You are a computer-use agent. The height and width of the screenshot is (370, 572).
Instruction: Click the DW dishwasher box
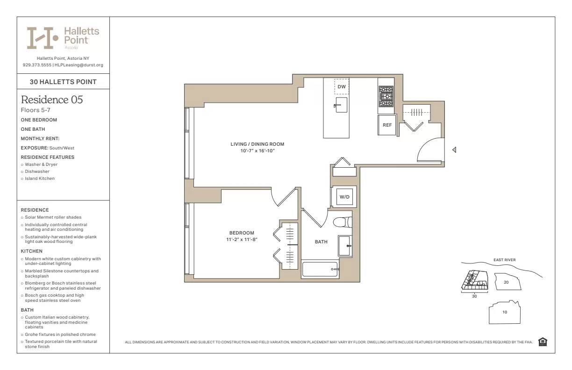342,87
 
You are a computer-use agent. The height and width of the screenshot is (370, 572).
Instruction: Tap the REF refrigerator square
387,125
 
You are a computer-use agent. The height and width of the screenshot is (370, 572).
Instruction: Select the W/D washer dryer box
344,197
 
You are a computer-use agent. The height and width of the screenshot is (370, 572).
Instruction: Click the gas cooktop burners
386,96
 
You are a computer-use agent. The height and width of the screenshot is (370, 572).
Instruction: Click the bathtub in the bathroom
320,270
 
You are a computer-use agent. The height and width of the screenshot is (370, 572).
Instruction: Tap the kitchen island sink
341,105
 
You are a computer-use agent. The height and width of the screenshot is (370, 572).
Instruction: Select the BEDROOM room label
242,233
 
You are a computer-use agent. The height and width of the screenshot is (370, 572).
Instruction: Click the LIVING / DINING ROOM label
257,144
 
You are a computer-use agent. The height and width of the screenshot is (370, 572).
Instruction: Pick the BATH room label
321,242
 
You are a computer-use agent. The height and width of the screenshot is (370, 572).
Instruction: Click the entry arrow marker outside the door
454,150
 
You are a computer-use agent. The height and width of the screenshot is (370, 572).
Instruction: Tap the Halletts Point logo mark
43,38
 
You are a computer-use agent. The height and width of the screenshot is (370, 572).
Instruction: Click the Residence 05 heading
52,100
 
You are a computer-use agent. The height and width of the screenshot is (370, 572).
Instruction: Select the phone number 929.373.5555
37,65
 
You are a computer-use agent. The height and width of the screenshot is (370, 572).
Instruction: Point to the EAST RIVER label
504,260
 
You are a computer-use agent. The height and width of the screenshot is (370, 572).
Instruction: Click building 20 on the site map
506,282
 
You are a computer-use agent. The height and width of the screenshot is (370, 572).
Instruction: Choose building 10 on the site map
504,312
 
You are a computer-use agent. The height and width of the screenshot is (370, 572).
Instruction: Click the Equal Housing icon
543,342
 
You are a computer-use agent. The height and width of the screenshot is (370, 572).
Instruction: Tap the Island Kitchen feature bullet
40,178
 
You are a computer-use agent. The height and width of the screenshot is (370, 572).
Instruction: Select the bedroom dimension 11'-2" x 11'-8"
242,239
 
